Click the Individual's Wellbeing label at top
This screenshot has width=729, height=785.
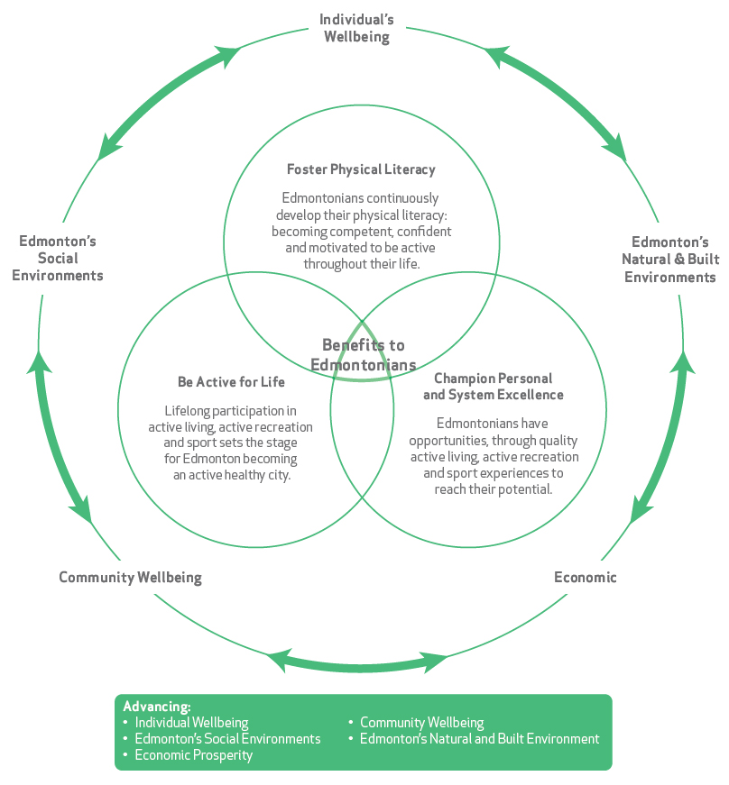pyautogui.click(x=356, y=28)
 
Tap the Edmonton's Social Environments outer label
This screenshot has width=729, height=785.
pyautogui.click(x=58, y=258)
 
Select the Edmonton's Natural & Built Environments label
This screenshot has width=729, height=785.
pyautogui.click(x=669, y=260)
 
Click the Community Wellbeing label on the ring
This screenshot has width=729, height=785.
pyautogui.click(x=130, y=577)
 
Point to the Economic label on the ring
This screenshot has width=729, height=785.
pyautogui.click(x=585, y=577)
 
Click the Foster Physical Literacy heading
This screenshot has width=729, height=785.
pyautogui.click(x=361, y=169)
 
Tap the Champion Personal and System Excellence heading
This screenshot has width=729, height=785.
pyautogui.click(x=493, y=387)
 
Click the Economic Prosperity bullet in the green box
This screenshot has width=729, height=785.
pyautogui.click(x=194, y=755)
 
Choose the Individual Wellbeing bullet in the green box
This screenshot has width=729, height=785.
pyautogui.click(x=191, y=723)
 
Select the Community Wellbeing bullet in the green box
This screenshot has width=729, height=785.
pyautogui.click(x=421, y=723)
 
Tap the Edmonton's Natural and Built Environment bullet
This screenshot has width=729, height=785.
pyautogui.click(x=479, y=739)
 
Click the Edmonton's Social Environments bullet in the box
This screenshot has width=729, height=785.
pyautogui.click(x=227, y=739)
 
